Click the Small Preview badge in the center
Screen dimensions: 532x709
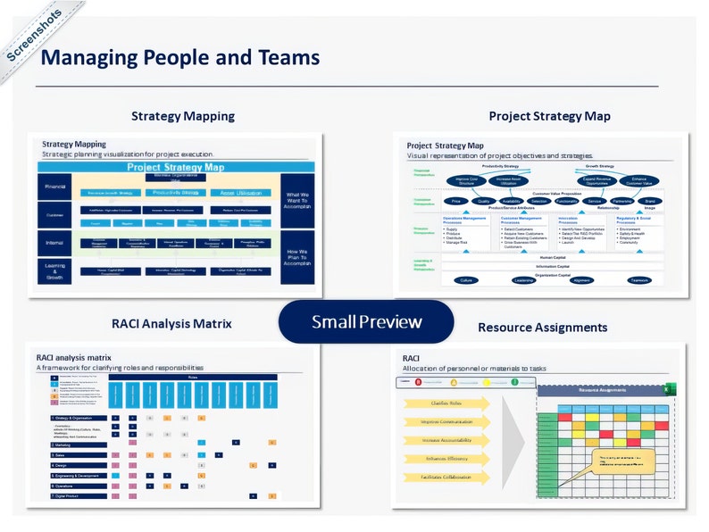coord(366,321)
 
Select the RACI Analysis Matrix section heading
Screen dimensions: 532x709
coord(171,323)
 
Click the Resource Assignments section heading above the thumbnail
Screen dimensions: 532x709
coord(542,328)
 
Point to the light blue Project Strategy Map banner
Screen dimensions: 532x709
coord(176,167)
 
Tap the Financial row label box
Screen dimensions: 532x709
coord(54,187)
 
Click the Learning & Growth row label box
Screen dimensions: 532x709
coord(54,271)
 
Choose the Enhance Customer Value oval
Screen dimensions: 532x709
coord(638,180)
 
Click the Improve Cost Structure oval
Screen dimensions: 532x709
coord(465,180)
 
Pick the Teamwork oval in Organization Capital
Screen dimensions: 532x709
coord(638,279)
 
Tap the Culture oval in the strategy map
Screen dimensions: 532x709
coord(465,279)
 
